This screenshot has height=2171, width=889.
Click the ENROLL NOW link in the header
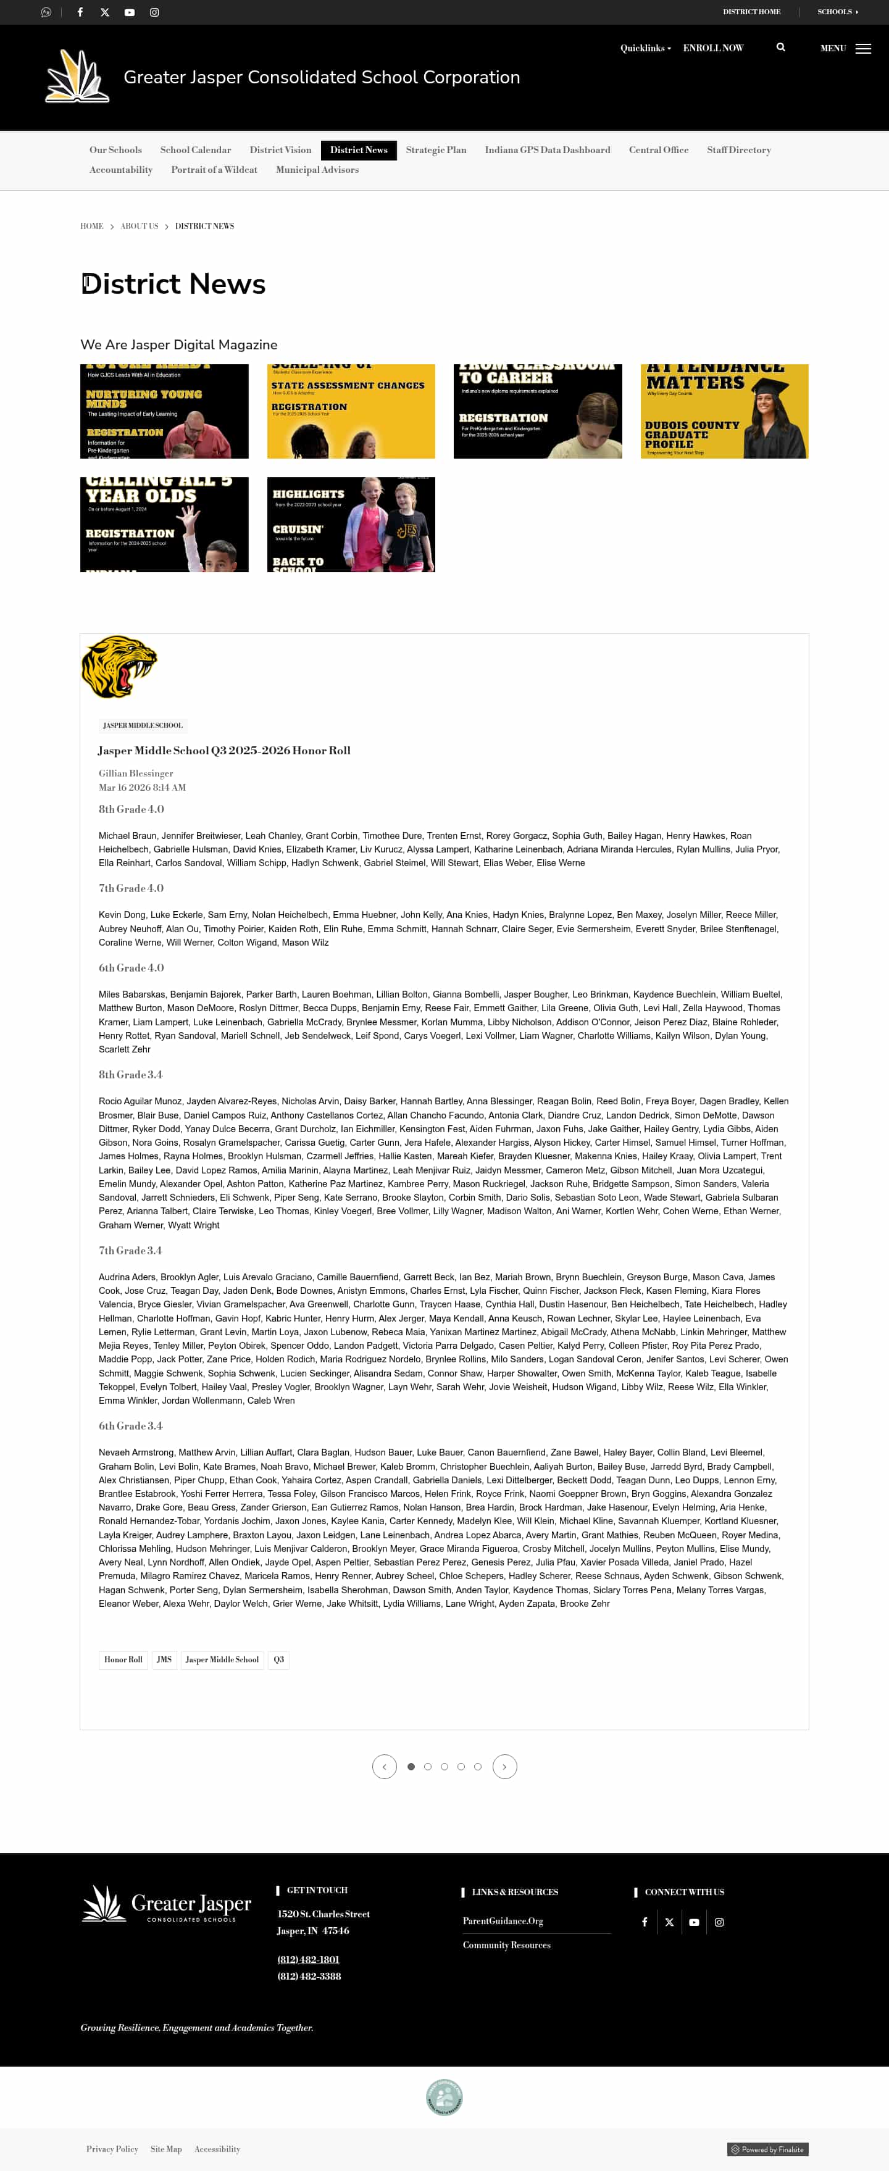pyautogui.click(x=713, y=48)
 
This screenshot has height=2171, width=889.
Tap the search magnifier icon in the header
pyautogui.click(x=780, y=47)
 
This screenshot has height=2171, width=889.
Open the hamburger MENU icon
pyautogui.click(x=863, y=49)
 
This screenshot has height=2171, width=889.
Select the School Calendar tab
pyautogui.click(x=196, y=150)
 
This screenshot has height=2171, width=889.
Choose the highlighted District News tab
pyautogui.click(x=359, y=150)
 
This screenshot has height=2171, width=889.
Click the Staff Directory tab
pyautogui.click(x=738, y=150)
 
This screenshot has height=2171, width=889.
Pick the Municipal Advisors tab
pyautogui.click(x=317, y=169)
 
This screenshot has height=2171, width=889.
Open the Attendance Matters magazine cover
pyautogui.click(x=724, y=411)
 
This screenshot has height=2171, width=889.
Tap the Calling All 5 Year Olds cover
pyautogui.click(x=164, y=524)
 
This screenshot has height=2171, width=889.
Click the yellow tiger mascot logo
pyautogui.click(x=119, y=666)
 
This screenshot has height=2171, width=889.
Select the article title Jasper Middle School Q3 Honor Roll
pyautogui.click(x=224, y=750)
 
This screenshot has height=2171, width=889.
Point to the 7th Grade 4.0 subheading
pyautogui.click(x=131, y=888)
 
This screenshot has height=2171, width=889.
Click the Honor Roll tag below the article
pyautogui.click(x=123, y=1659)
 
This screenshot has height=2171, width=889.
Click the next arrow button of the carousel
pyautogui.click(x=504, y=1767)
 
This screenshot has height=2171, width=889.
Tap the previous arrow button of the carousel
pyautogui.click(x=384, y=1767)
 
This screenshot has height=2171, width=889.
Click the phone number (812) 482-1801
pyautogui.click(x=309, y=1959)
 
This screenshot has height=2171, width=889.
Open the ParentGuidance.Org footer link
pyautogui.click(x=503, y=1921)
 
